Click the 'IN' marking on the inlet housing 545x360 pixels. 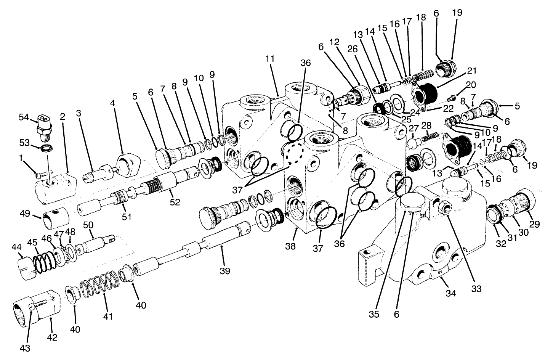coord(440,273)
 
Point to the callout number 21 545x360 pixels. coord(472,71)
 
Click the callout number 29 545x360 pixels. coord(534,224)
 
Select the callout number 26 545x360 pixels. coord(352,48)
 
